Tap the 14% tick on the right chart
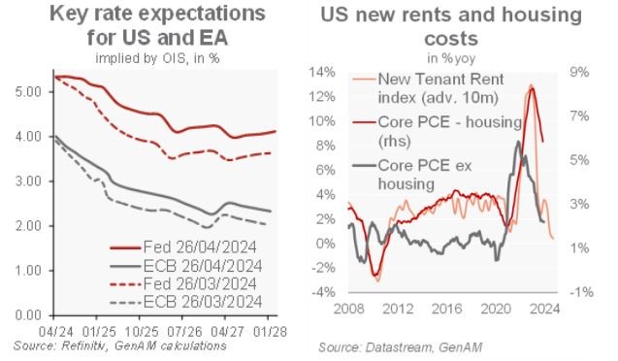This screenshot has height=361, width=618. click(323, 73)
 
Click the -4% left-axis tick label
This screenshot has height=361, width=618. click(323, 292)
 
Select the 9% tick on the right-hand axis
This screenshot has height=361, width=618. click(575, 73)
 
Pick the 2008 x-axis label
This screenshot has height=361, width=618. click(346, 312)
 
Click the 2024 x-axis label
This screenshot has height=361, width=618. click(545, 312)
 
